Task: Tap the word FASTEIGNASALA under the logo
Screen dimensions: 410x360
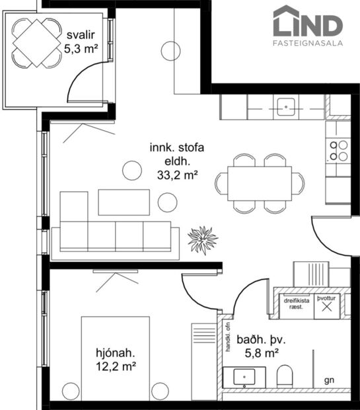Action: coord(308,44)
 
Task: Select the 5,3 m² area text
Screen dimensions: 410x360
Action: coord(81,48)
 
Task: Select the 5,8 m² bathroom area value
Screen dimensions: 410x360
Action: coord(262,353)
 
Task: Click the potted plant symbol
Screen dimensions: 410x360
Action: coord(202,239)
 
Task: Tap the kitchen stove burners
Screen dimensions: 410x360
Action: coord(339,151)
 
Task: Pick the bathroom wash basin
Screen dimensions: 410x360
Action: coord(244,378)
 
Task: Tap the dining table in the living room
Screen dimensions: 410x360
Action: coord(260,183)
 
